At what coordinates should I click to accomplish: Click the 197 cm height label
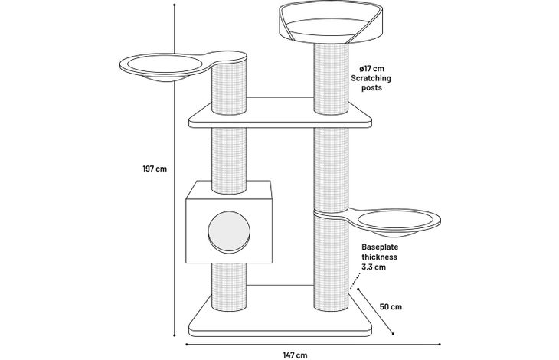click(x=155, y=169)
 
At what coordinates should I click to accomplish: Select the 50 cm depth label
click(x=391, y=306)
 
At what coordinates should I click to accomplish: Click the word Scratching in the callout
click(x=371, y=77)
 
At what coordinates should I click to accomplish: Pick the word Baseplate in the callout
click(x=380, y=247)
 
